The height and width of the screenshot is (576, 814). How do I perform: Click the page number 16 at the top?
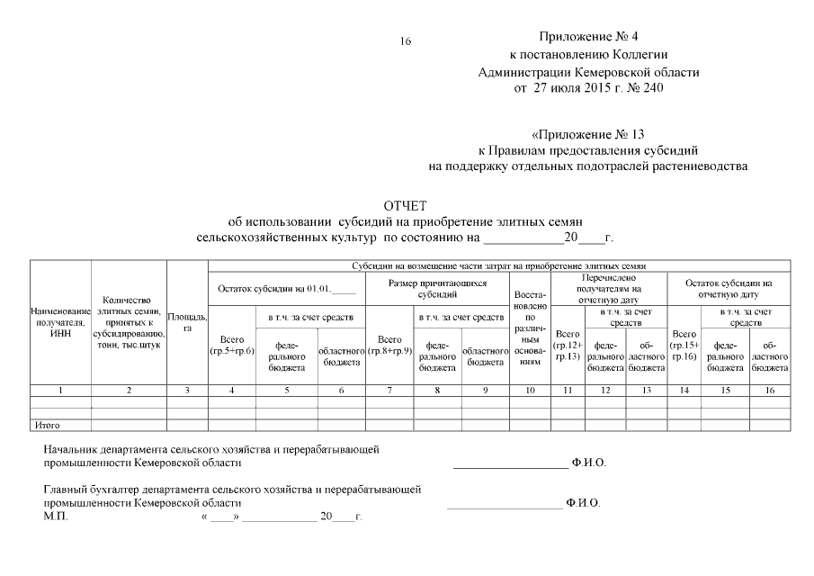click(x=405, y=41)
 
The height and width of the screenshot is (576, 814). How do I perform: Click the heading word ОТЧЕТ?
click(x=405, y=206)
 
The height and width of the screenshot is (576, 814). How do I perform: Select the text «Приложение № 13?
click(x=588, y=136)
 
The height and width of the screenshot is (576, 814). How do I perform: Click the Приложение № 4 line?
click(x=588, y=37)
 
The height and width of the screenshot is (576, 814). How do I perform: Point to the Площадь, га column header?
click(x=187, y=322)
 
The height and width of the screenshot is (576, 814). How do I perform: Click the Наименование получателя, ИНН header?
click(x=60, y=322)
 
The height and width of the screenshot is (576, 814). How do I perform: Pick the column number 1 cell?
click(x=60, y=390)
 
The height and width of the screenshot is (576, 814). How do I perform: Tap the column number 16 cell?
click(x=769, y=390)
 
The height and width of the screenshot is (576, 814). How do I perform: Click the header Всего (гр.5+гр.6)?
click(x=232, y=345)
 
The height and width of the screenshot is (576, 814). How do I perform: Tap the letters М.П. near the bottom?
click(x=55, y=518)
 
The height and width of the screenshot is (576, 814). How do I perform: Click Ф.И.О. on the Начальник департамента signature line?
click(x=589, y=463)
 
